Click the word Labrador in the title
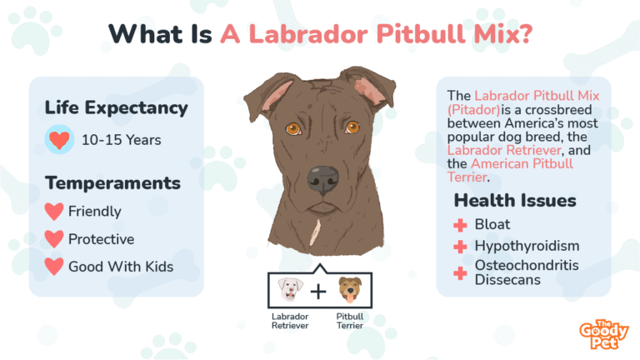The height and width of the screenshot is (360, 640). (x=308, y=33)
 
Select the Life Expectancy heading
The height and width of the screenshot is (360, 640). (x=117, y=108)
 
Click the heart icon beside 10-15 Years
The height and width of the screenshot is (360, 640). (x=59, y=140)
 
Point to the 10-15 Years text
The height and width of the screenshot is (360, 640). (x=121, y=140)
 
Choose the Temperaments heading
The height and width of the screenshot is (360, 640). (x=112, y=182)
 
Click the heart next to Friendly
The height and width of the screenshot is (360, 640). (x=54, y=212)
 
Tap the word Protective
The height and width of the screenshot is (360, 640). (x=101, y=239)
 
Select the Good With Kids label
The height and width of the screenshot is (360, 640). (x=121, y=267)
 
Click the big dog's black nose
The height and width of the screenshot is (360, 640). (x=322, y=180)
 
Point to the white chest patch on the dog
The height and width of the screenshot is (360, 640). (x=315, y=232)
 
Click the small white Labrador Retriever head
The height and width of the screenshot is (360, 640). (x=290, y=289)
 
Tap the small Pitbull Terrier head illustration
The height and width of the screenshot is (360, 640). (x=350, y=289)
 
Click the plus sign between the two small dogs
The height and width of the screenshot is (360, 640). (x=318, y=292)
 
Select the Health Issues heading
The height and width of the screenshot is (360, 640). (x=515, y=200)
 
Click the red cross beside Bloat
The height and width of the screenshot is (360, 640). (x=460, y=225)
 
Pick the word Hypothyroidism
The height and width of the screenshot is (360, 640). (x=527, y=246)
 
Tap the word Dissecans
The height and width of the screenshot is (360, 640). (x=507, y=280)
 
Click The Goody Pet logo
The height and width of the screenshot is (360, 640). (x=603, y=335)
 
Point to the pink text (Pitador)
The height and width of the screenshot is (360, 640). (x=473, y=110)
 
